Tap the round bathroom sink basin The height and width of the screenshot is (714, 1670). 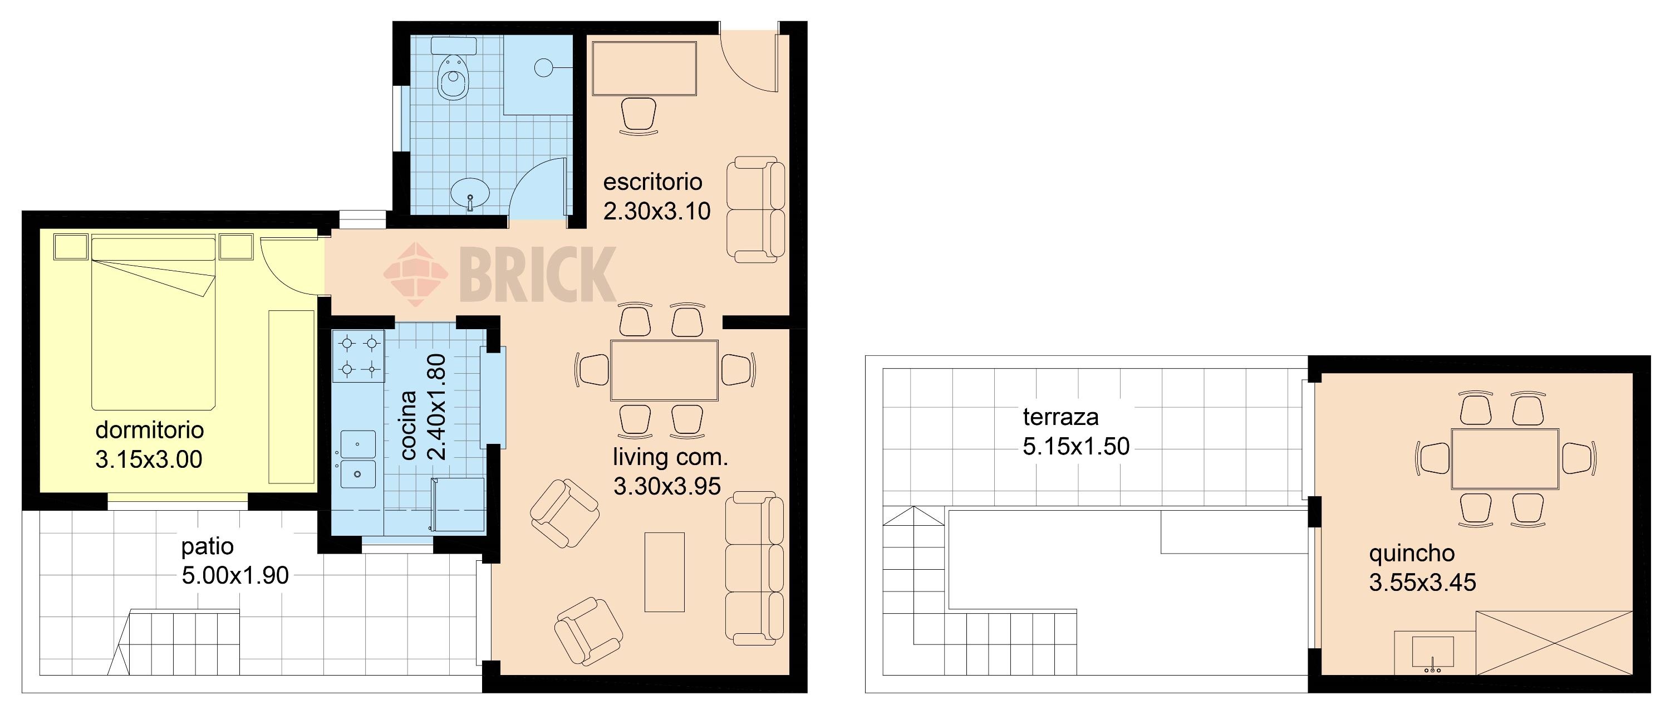tap(470, 193)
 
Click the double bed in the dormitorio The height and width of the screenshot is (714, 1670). tap(153, 324)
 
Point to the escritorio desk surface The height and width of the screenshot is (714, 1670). tap(645, 69)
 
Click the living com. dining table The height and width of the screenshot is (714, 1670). tap(665, 370)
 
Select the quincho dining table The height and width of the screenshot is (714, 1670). tap(1505, 458)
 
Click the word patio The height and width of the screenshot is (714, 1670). tap(208, 547)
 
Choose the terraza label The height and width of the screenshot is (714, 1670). tap(1060, 417)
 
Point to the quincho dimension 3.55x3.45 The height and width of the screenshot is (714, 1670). tap(1422, 583)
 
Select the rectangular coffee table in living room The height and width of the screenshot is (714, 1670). tap(665, 572)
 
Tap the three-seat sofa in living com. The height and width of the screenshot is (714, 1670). tap(755, 568)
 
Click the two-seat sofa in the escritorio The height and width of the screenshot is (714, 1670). tap(755, 209)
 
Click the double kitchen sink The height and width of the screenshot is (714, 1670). tap(358, 459)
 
